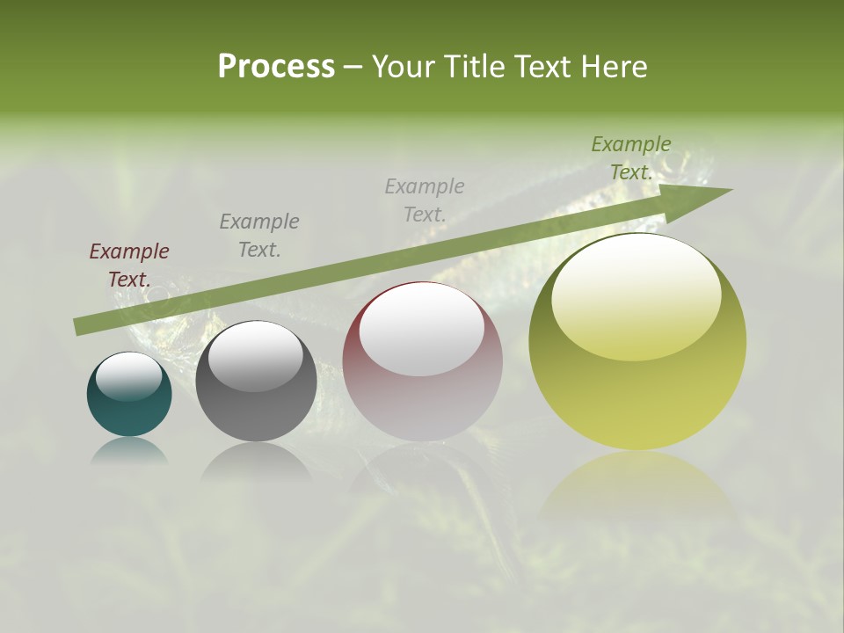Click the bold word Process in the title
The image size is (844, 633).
pos(276,67)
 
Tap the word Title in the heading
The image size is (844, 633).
pos(473,67)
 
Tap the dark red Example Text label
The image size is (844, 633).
pos(129,265)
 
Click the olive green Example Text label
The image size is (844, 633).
pos(630,157)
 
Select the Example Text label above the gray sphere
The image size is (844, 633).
pos(258,235)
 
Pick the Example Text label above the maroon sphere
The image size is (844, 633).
pos(424,200)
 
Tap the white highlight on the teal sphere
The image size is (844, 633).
pos(129,376)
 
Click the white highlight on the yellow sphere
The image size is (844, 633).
pos(637,295)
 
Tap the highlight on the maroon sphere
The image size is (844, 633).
pos(422,330)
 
